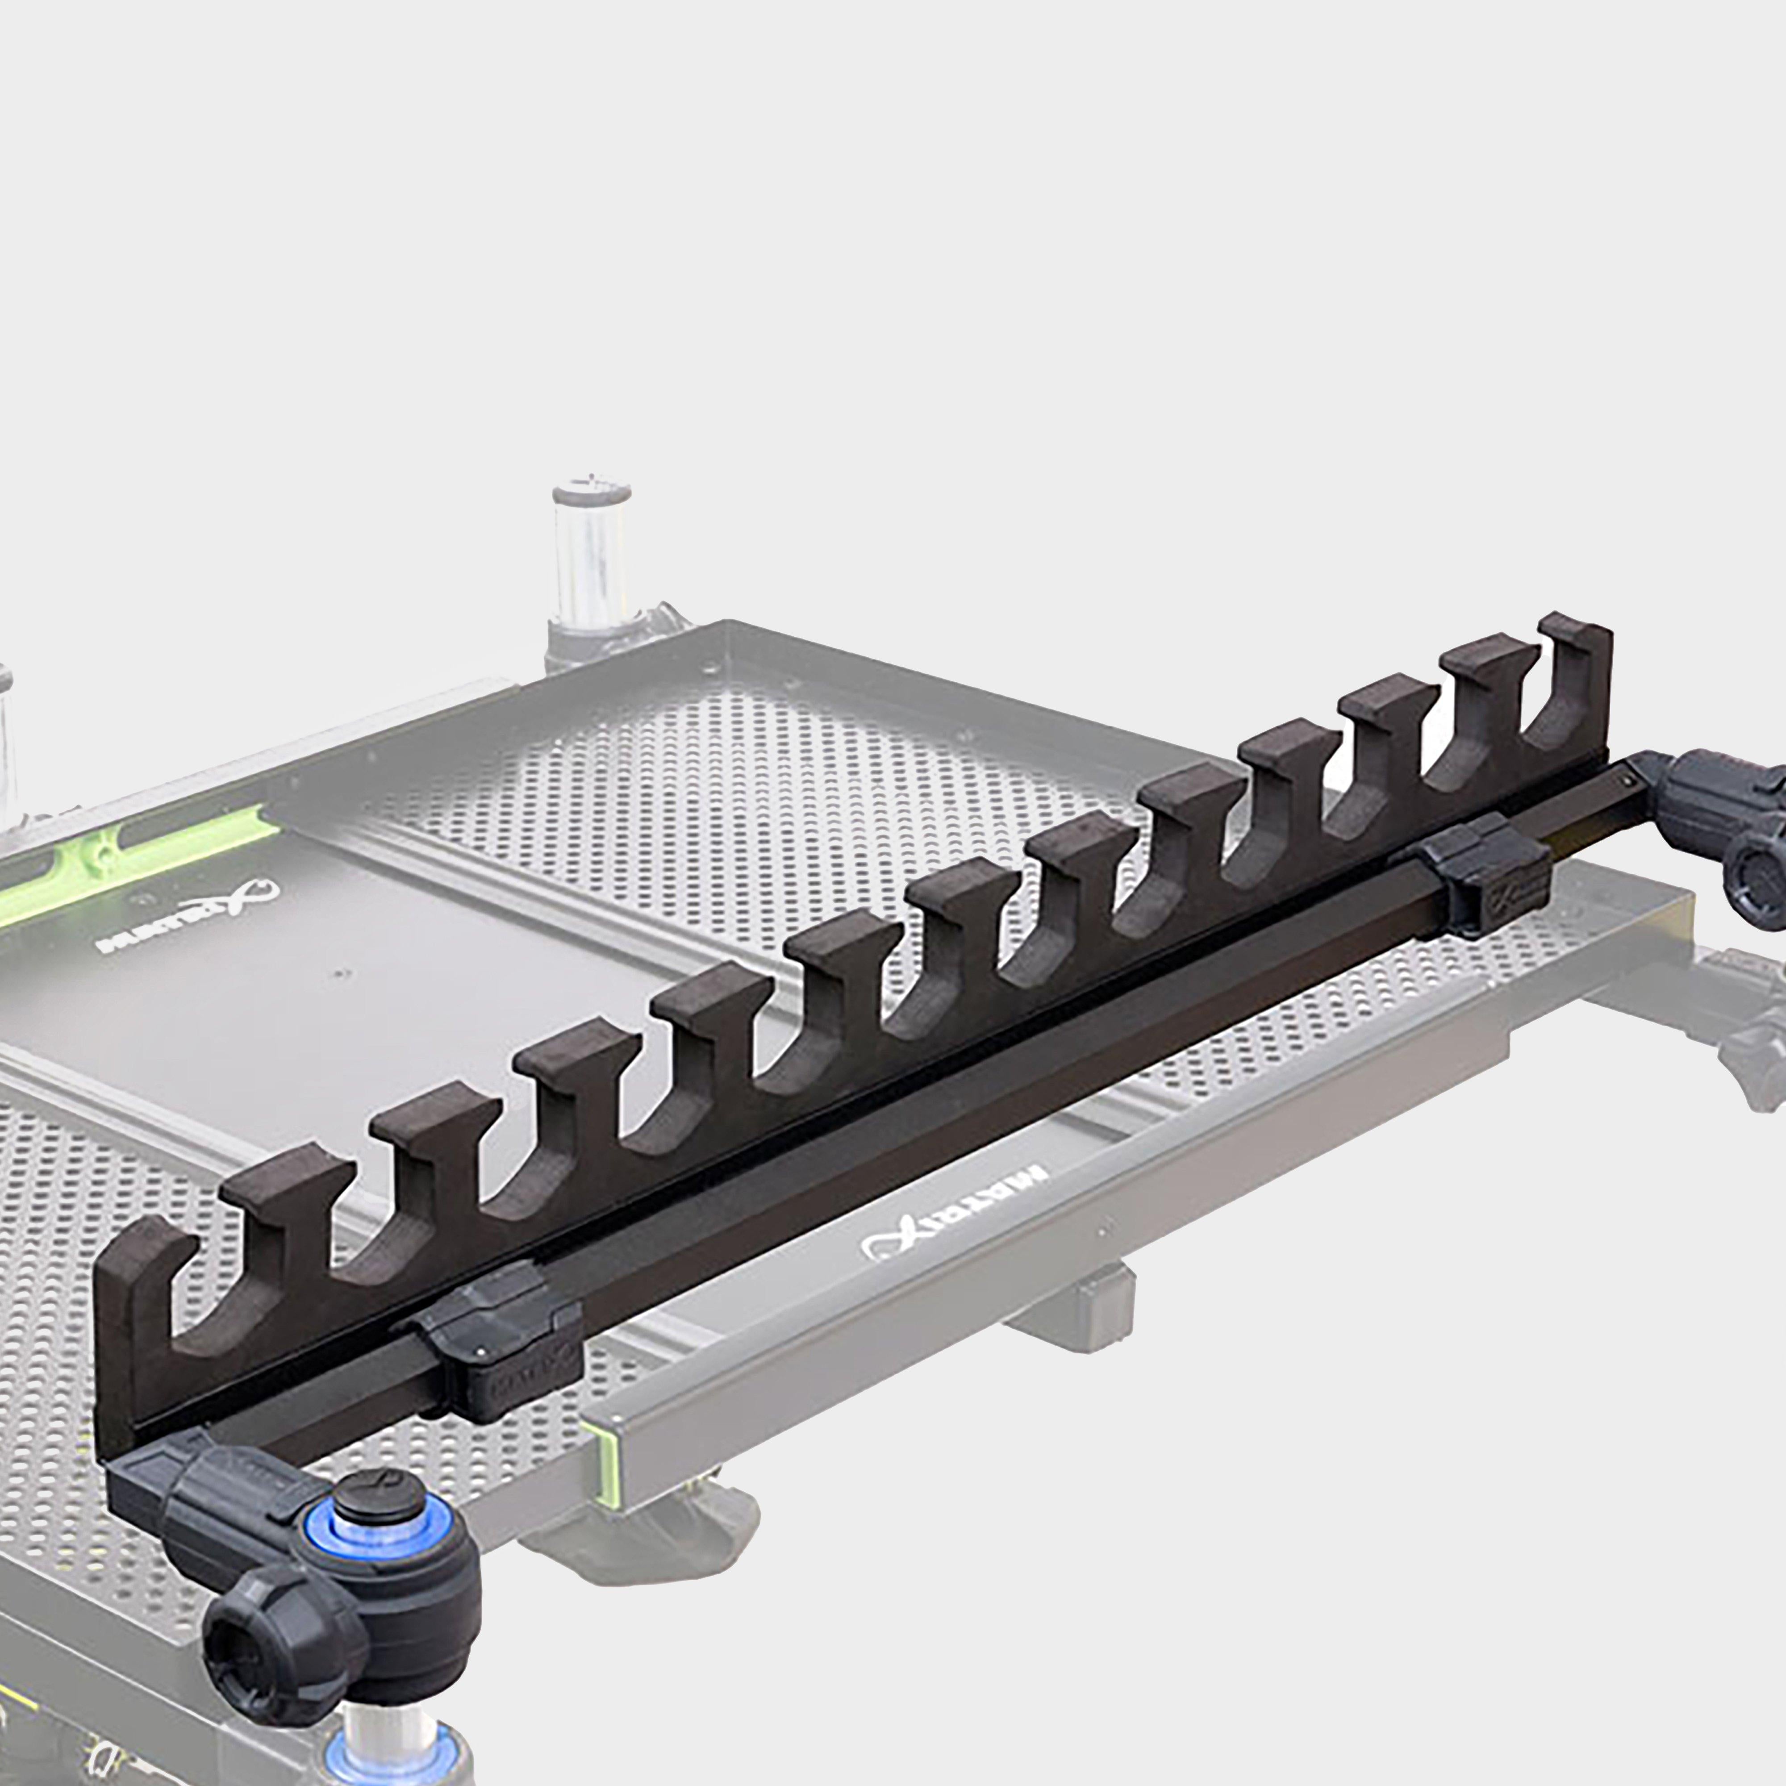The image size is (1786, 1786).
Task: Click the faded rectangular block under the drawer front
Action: click(1072, 1313)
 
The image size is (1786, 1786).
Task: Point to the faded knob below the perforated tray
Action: click(647, 1535)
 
